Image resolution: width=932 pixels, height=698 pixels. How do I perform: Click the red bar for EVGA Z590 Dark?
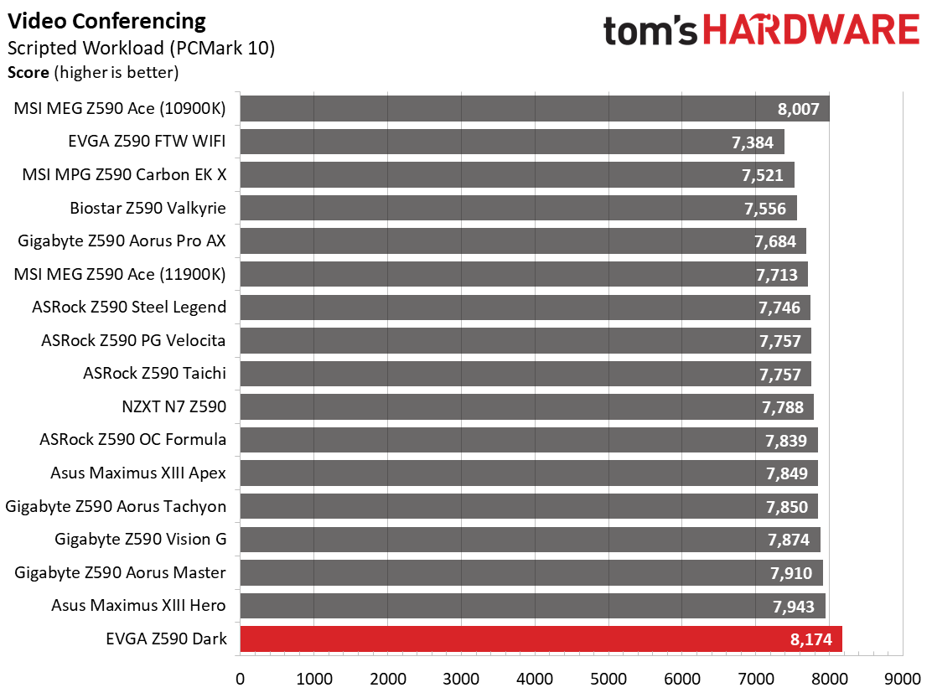pos(541,639)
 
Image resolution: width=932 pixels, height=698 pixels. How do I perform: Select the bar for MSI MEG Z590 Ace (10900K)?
pos(535,108)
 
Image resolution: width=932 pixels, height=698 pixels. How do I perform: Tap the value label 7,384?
pos(753,142)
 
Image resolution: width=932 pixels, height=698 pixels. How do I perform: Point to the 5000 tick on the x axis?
pos(608,679)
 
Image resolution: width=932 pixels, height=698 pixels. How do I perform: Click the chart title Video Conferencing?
pos(107,22)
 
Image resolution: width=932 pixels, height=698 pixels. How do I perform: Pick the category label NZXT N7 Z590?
pos(174,407)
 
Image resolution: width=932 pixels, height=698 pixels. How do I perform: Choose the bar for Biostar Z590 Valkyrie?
pos(518,208)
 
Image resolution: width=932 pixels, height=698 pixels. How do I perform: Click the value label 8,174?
pos(811,640)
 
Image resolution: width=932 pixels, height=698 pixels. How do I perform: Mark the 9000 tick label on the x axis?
pos(903,679)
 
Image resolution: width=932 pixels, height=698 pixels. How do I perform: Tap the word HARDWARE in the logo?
pos(812,30)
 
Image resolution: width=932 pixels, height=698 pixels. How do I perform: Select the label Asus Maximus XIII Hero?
pos(138,605)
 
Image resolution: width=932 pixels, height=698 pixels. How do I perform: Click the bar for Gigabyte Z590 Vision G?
pos(531,540)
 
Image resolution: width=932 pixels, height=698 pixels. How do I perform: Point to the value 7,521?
pos(763,175)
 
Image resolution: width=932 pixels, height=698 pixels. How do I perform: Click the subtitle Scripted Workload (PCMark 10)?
pos(142,48)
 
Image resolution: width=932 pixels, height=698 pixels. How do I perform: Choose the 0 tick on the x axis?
pos(241,679)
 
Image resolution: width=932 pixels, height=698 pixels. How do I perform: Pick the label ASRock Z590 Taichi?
pos(154,373)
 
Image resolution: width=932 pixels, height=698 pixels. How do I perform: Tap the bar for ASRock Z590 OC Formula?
pos(529,440)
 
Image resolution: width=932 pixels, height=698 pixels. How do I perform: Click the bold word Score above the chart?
pos(28,72)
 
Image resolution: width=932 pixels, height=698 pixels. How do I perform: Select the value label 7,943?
pos(794,607)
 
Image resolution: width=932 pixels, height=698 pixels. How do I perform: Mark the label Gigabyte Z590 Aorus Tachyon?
pos(116,507)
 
